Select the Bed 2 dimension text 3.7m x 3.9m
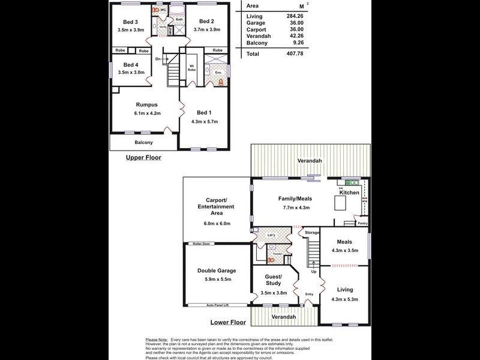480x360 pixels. [x=207, y=29]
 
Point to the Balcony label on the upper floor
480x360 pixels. [x=143, y=142]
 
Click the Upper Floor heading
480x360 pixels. [x=143, y=158]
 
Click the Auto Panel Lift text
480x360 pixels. [x=218, y=305]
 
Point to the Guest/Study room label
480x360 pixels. [x=273, y=280]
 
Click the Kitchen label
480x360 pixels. [x=349, y=193]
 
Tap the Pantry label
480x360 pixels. [x=362, y=223]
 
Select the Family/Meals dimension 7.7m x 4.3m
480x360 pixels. [x=293, y=208]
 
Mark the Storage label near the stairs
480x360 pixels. [x=311, y=232]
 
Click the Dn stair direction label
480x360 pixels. [x=158, y=59]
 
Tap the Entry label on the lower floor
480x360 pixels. [x=309, y=294]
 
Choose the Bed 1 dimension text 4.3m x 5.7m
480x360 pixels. [x=204, y=122]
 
